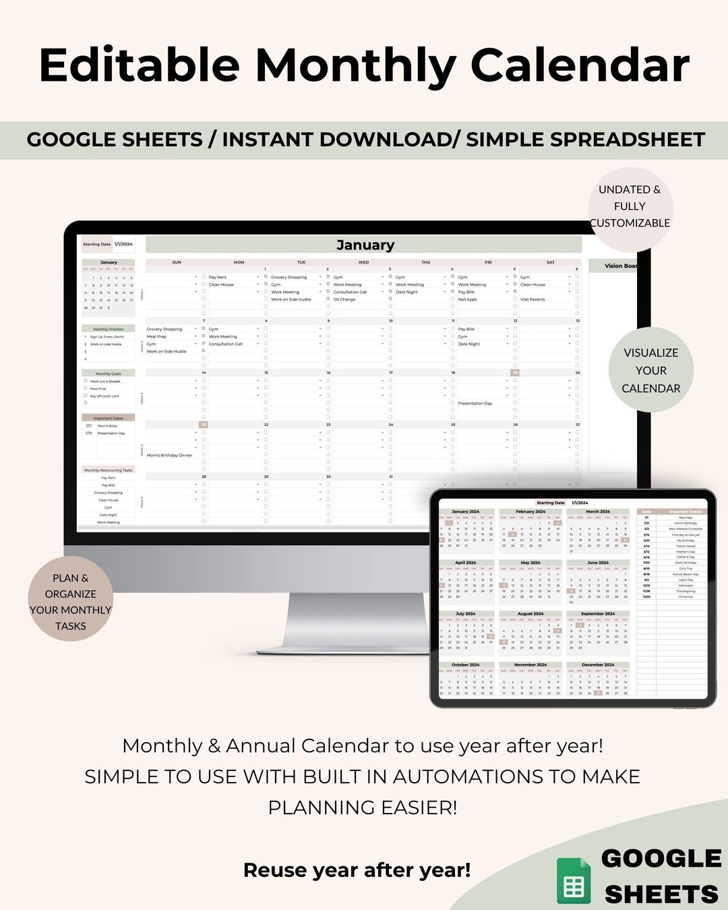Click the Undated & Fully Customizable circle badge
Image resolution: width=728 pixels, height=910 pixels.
630,206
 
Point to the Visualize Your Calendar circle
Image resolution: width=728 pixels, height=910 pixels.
650,370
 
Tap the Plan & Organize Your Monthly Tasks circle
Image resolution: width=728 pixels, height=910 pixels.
71,602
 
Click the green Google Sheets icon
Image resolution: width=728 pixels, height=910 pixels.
574,881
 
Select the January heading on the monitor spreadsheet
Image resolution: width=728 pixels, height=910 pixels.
365,245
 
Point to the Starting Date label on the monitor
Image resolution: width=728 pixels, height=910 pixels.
96,244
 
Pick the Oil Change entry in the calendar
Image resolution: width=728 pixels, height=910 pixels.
344,299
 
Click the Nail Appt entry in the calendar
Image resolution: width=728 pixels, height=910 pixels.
467,299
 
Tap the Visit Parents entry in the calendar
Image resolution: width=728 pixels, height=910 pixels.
533,299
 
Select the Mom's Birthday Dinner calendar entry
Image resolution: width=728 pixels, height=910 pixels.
169,455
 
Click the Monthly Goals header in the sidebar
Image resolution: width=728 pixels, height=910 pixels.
108,373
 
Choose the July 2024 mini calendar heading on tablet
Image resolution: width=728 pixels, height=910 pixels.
465,614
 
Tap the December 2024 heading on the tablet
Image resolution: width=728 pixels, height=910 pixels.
598,665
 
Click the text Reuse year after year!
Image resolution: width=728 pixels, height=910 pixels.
357,870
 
